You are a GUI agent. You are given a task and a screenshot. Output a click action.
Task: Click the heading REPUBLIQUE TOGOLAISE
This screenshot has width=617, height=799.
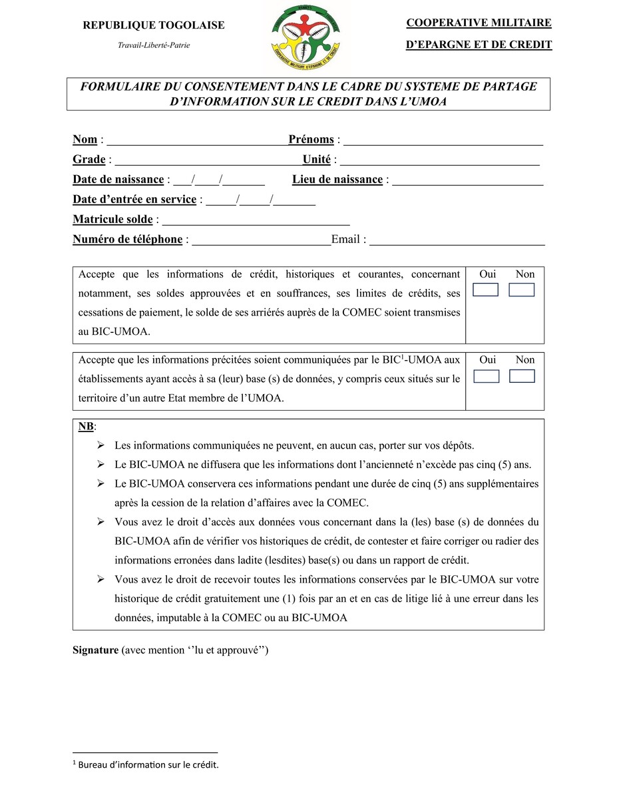(x=153, y=26)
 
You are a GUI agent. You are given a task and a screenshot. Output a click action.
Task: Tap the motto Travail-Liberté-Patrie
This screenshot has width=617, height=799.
(x=154, y=45)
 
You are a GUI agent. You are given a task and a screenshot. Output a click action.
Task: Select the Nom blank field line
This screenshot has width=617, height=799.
(x=197, y=141)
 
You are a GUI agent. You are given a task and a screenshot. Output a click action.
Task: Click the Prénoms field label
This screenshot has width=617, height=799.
(x=311, y=140)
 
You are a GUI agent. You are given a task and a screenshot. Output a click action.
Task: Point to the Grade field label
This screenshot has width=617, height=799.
(x=89, y=160)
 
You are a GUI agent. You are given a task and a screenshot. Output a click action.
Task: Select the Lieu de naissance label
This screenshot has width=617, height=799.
(x=337, y=180)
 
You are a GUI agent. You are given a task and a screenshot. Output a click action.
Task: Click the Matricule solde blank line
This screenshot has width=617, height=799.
(x=256, y=221)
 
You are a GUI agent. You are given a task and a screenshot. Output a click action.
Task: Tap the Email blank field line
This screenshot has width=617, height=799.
(x=457, y=241)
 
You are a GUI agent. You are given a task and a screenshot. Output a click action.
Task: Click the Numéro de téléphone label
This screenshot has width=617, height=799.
(x=127, y=240)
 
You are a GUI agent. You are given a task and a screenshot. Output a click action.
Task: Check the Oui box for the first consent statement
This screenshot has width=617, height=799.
(x=486, y=290)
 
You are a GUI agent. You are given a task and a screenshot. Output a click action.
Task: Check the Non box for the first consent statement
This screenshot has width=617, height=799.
(x=522, y=290)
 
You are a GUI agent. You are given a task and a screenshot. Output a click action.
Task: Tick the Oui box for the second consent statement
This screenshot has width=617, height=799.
(x=486, y=376)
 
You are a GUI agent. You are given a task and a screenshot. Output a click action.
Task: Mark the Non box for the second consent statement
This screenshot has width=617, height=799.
(x=522, y=376)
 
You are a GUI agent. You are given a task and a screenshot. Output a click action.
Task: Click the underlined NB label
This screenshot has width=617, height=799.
(x=86, y=426)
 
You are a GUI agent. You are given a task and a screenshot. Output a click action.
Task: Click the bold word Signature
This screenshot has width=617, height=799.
(x=95, y=651)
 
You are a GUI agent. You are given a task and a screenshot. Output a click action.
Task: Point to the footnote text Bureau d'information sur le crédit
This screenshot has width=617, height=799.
(x=148, y=765)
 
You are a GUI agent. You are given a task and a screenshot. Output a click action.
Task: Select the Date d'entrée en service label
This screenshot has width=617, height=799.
(x=134, y=200)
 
